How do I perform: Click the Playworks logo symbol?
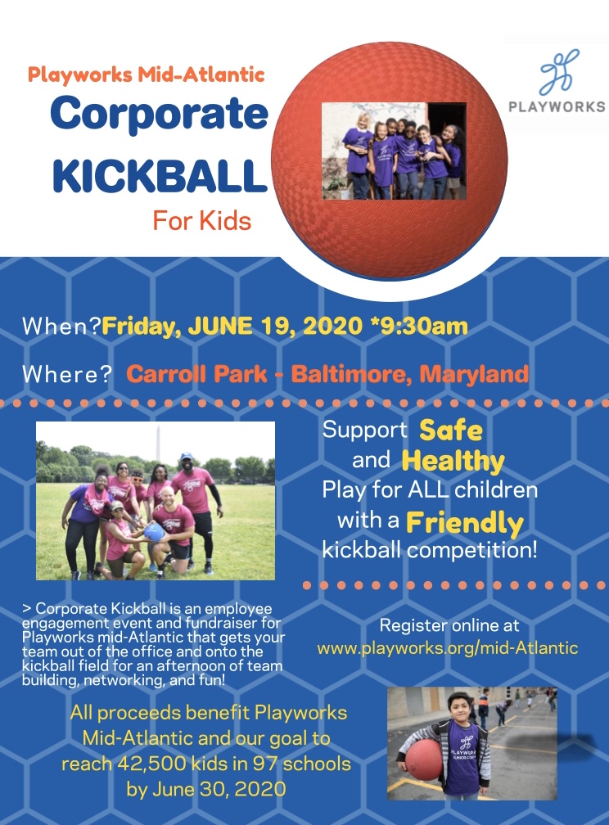(x=559, y=71)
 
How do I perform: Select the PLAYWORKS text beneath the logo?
(x=557, y=106)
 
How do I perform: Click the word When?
(x=61, y=327)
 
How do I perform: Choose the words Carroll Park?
(x=196, y=374)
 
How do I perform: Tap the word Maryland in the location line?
(x=474, y=374)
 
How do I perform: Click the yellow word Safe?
(x=451, y=431)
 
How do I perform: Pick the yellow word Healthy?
(x=453, y=462)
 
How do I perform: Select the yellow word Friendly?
(x=465, y=523)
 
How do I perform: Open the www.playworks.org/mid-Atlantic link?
(x=448, y=647)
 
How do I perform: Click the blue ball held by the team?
(x=154, y=531)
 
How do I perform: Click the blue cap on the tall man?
(x=186, y=456)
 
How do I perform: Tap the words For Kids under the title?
(x=202, y=221)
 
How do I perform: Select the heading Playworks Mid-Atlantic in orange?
(x=146, y=74)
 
